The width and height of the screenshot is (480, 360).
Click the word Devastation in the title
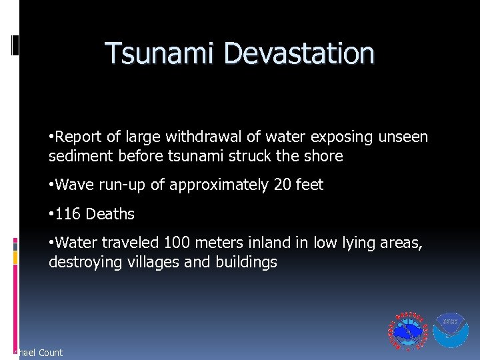pyautogui.click(x=295, y=53)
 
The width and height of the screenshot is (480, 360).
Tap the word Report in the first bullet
pyautogui.click(x=79, y=137)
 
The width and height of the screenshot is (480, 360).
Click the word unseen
pyautogui.click(x=403, y=137)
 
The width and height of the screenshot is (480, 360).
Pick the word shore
pyautogui.click(x=323, y=156)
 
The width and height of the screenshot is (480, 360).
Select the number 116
pyautogui.click(x=68, y=215)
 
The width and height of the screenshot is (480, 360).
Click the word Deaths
pyautogui.click(x=110, y=215)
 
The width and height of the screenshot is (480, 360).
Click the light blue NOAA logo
pyautogui.click(x=451, y=330)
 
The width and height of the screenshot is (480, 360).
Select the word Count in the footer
pyautogui.click(x=51, y=353)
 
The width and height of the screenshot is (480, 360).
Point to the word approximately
pyautogui.click(x=219, y=185)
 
